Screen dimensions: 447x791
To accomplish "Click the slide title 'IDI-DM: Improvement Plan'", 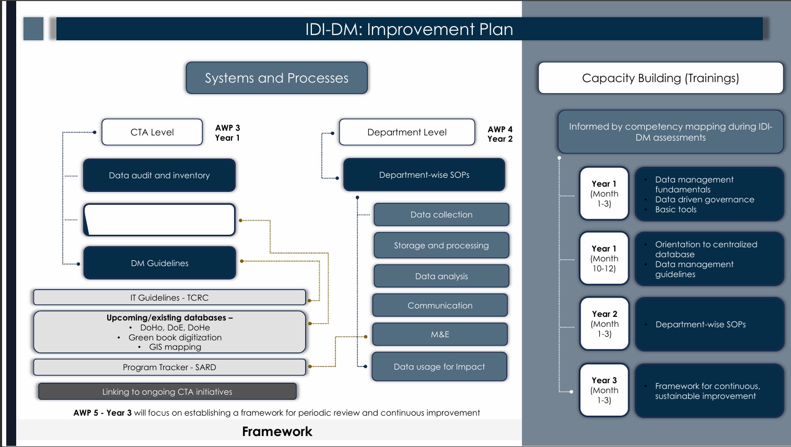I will point(409,29).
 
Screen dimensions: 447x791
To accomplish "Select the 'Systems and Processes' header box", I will point(276,78).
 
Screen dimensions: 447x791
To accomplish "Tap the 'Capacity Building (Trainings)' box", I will point(660,78).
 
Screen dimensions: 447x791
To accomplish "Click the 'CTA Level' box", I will point(152,132).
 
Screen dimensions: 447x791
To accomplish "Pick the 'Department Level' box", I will point(407,132).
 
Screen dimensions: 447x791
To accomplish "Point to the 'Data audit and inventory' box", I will point(159,175).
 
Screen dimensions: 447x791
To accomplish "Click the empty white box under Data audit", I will point(159,220).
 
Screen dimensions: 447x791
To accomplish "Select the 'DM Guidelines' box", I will point(159,263).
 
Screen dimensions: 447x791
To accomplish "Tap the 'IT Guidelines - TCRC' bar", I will point(169,297).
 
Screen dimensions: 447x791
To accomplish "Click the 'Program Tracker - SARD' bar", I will point(169,367).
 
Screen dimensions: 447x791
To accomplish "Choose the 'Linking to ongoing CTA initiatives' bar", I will point(167,392).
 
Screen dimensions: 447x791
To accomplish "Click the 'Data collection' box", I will point(441,214).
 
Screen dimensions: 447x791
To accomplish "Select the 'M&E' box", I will point(440,334).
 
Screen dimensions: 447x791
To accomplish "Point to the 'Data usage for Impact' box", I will point(439,366).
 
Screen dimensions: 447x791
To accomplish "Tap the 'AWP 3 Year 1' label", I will point(227,133).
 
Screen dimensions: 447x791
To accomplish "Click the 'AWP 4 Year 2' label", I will point(500,134).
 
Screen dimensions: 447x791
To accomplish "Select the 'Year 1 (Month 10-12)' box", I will point(604,258).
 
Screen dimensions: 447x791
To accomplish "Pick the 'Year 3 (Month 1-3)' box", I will point(604,390).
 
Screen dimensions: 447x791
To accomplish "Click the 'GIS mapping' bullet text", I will point(175,347).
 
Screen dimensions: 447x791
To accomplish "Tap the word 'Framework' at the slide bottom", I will point(277,431).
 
